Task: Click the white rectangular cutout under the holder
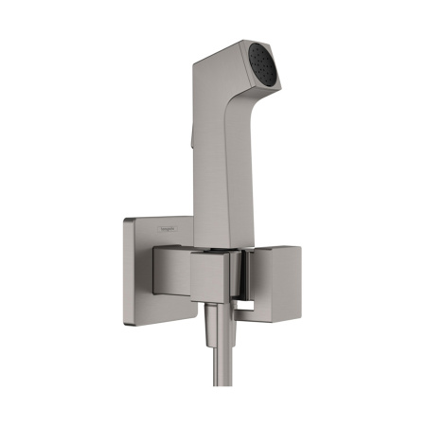(249, 305)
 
